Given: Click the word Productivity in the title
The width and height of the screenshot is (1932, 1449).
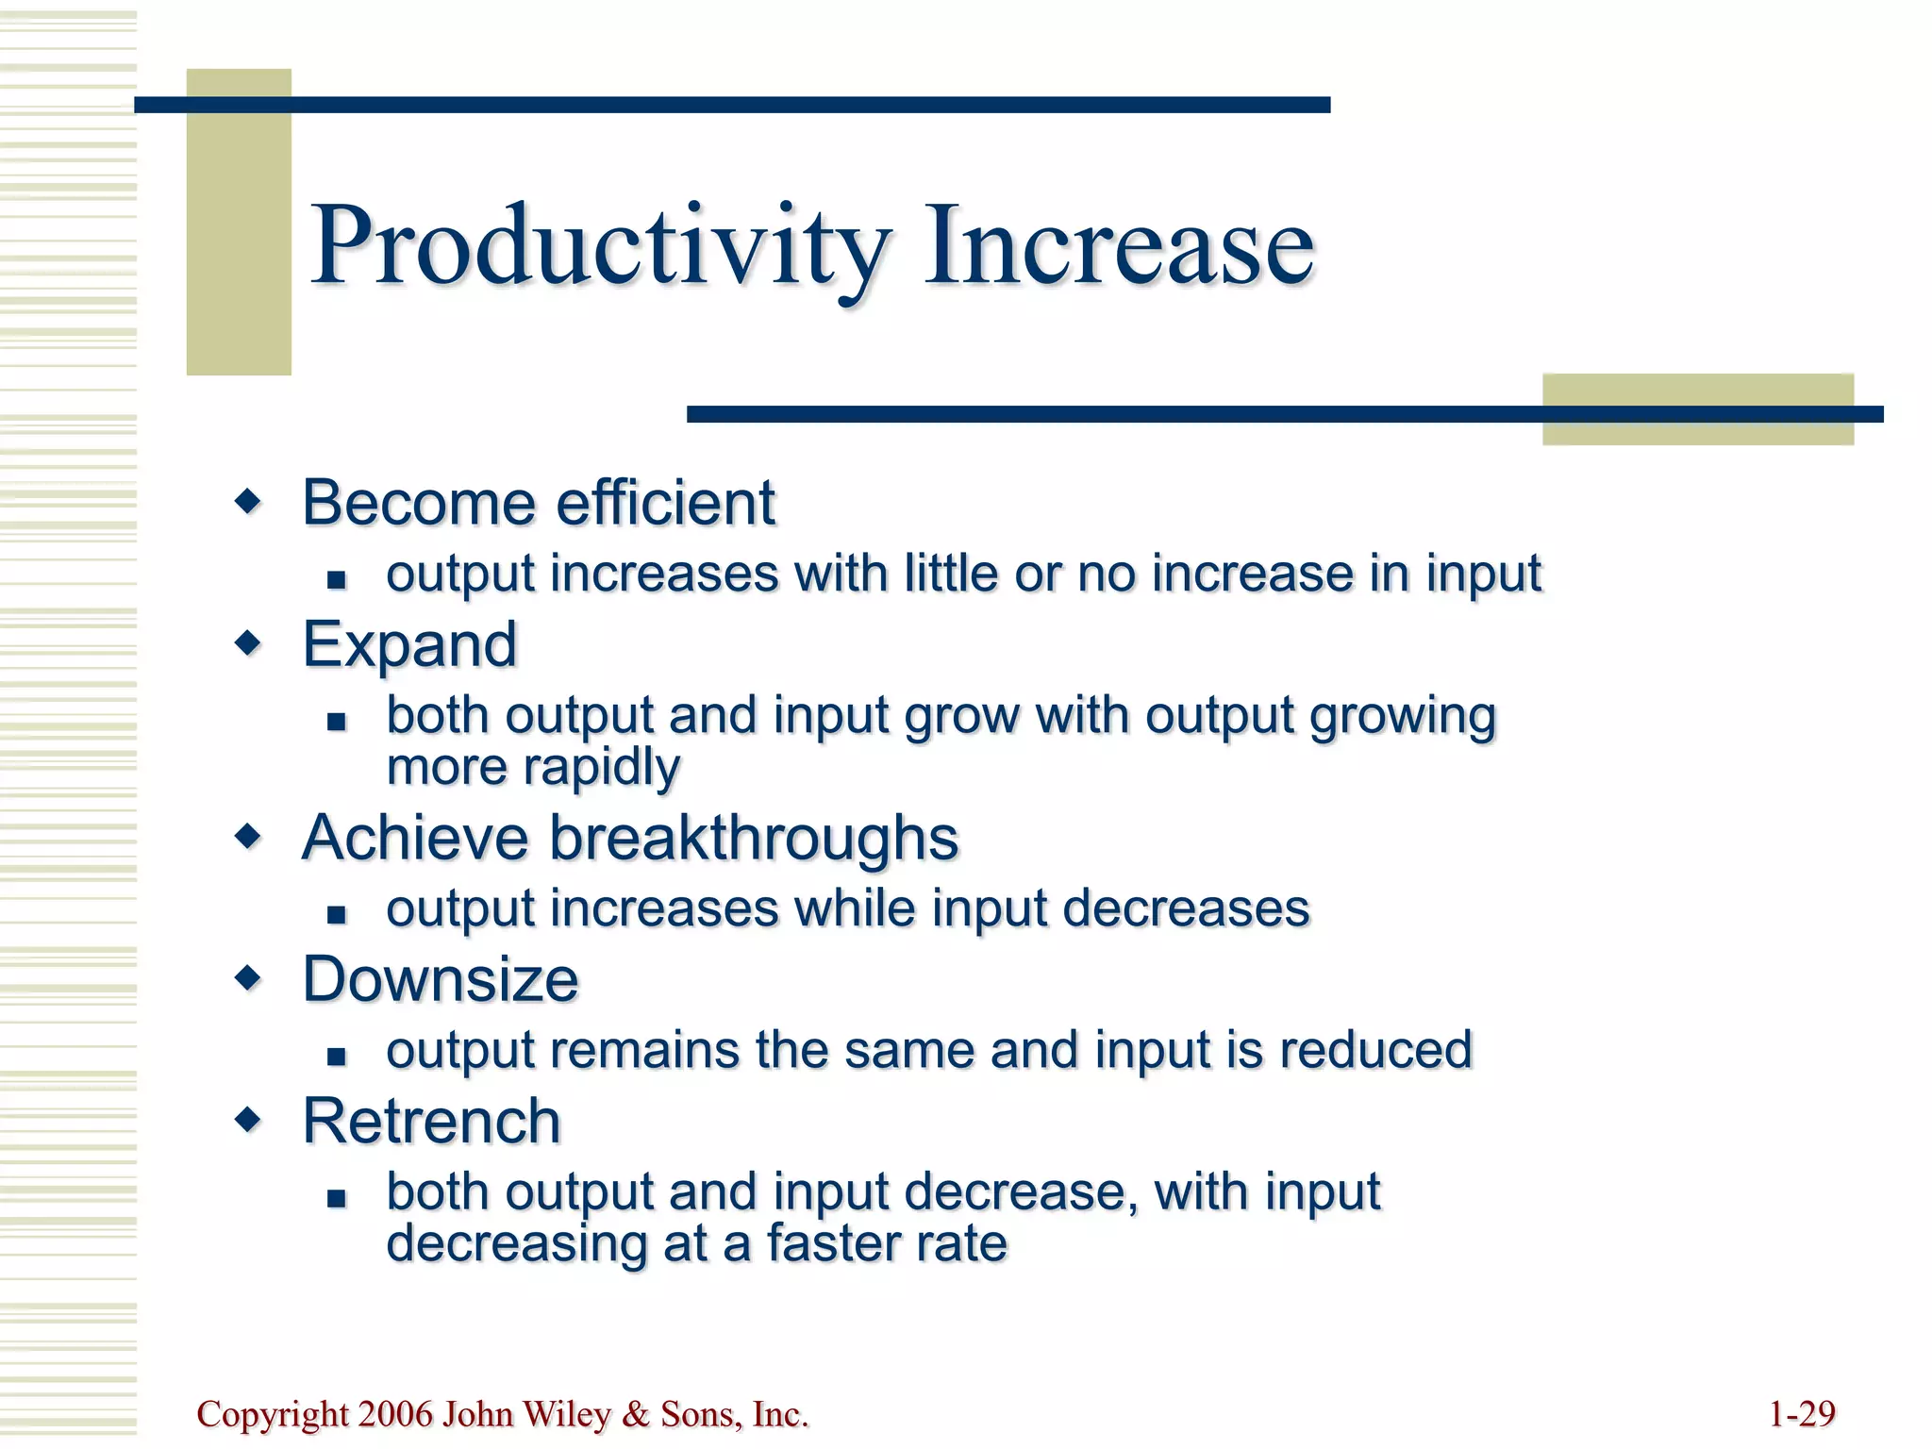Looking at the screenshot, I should pos(600,247).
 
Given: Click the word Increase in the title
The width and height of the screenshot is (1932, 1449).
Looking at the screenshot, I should pos(1119,247).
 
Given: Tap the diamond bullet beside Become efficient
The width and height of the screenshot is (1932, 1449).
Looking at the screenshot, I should pos(248,501).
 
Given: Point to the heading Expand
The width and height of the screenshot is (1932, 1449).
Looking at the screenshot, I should pos(409,645).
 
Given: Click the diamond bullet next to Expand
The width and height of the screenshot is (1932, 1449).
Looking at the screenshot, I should pos(248,644).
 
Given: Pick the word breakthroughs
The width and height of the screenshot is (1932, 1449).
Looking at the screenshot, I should pos(754,838).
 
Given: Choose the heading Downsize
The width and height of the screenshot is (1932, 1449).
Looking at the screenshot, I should pos(440,979).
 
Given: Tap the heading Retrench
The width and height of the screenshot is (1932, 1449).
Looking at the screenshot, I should pos(431,1122).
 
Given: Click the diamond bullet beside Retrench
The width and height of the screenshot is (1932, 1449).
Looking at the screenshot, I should pos(248,1120).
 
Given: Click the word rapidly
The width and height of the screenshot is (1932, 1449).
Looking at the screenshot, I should pos(601,767).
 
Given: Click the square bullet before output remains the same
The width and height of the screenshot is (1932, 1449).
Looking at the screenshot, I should pos(337,1056).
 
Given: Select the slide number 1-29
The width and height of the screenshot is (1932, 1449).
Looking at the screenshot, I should pos(1802,1414).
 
